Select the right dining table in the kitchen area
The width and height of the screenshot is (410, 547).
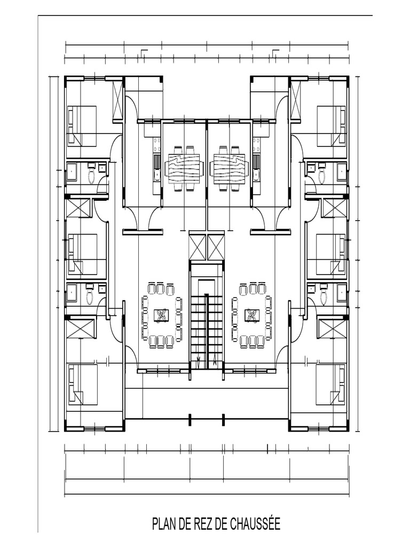point(230,168)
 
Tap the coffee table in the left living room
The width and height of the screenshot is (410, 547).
point(162,315)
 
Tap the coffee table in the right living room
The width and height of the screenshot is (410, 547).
point(252,315)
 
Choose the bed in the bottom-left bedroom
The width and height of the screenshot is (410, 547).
point(82,385)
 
